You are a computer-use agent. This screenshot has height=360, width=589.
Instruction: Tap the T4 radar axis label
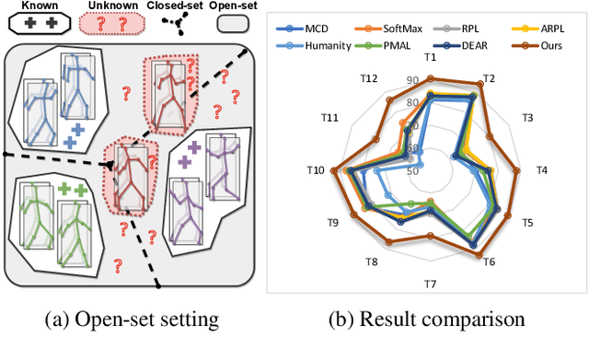coord(543,170)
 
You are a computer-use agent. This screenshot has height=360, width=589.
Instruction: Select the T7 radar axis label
coord(430,282)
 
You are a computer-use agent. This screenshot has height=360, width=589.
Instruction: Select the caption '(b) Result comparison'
coord(429,320)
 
